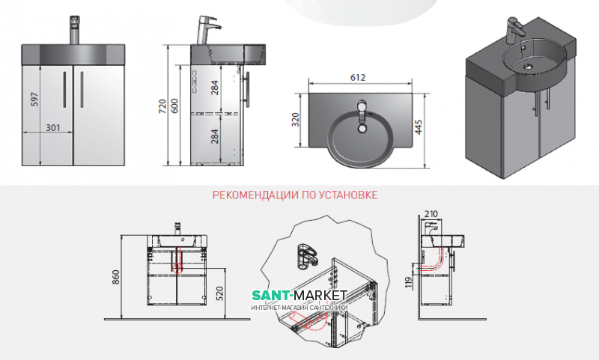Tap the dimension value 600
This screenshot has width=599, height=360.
(x=176, y=108)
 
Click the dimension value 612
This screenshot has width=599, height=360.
(x=361, y=76)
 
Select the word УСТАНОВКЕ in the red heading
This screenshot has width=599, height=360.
(x=351, y=195)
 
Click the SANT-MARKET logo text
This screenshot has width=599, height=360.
(x=299, y=298)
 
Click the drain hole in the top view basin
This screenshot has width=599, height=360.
(x=362, y=128)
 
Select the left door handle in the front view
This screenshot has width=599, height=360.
(x=65, y=88)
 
